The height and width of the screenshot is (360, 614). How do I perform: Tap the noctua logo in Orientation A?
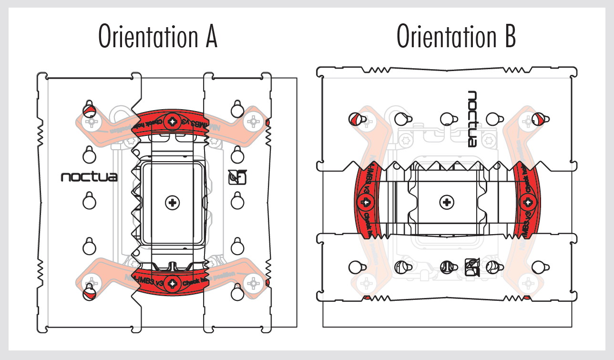coord(89,177)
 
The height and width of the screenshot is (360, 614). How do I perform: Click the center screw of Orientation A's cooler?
coord(172,203)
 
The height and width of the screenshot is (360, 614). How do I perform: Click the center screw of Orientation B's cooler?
coord(447,203)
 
